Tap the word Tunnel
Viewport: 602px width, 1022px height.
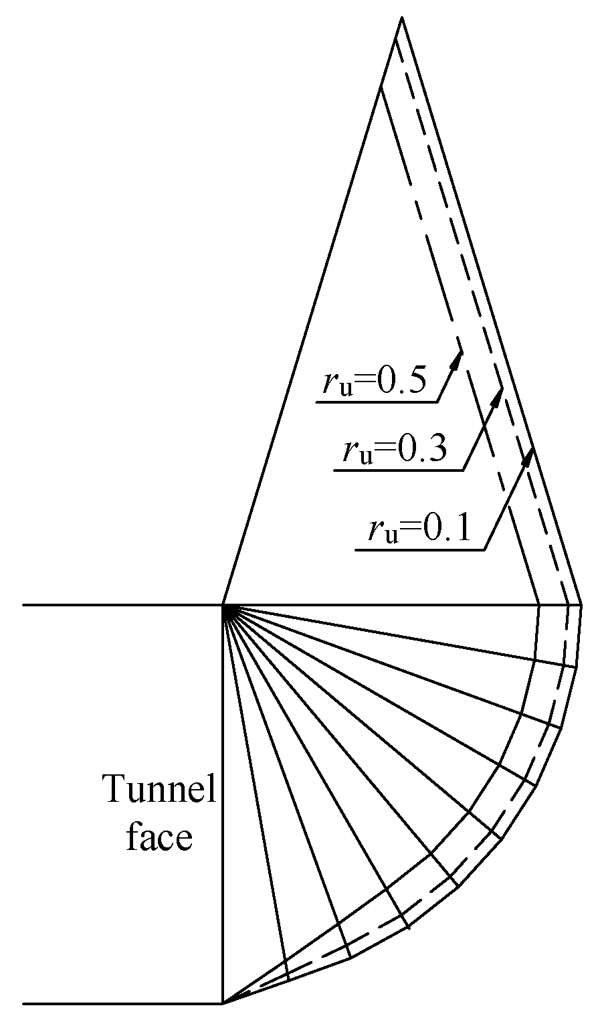coord(159,790)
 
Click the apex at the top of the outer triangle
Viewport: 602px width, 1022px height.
coord(401,18)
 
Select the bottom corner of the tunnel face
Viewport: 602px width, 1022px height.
coord(223,1003)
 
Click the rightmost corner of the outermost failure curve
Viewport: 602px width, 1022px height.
coord(581,606)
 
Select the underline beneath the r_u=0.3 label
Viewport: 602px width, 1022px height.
coord(398,471)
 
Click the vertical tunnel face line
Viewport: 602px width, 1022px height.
coord(223,803)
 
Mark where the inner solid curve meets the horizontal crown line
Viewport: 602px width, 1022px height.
coord(539,606)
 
